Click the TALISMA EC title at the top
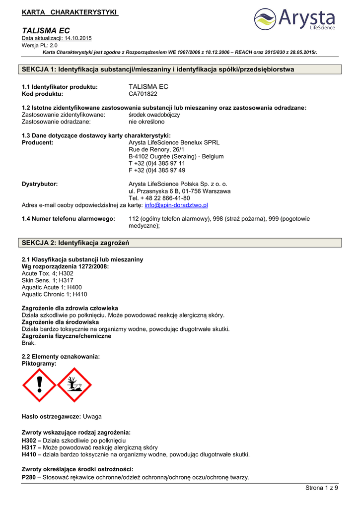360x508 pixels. click(46, 31)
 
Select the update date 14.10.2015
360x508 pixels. click(76, 38)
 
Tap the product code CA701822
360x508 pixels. click(143, 93)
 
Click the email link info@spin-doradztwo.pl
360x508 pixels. click(176, 205)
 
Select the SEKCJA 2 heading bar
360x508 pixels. click(180, 243)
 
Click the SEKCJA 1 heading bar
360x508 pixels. click(180, 69)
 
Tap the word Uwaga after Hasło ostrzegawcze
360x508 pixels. click(92, 416)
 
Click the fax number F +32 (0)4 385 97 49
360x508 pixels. click(157, 170)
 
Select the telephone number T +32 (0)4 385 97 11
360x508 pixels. click(157, 163)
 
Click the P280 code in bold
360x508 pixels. click(29, 477)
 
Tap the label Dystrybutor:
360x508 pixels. click(40, 184)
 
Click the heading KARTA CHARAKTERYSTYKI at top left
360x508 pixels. click(70, 11)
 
